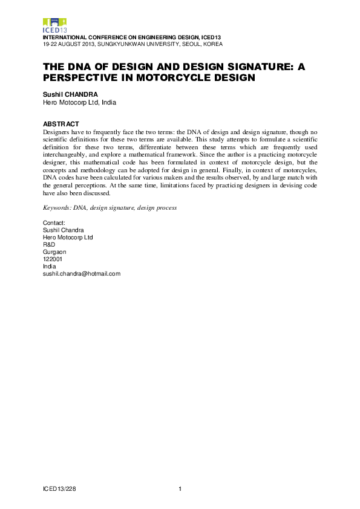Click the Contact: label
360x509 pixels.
point(54,223)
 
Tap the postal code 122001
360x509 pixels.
point(52,259)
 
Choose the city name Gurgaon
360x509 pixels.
point(54,251)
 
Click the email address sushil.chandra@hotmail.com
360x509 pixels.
point(82,273)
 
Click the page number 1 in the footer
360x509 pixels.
point(180,488)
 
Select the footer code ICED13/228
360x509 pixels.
point(59,488)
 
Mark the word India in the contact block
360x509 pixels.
point(49,266)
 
